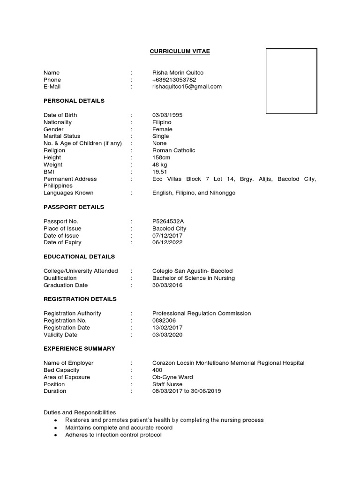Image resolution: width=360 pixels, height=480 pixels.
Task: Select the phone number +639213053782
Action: click(174, 80)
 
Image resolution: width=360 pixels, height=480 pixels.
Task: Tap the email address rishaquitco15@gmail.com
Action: click(187, 87)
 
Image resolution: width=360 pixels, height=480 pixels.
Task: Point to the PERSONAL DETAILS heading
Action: click(74, 101)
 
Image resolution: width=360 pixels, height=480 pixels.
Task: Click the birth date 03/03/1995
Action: click(167, 115)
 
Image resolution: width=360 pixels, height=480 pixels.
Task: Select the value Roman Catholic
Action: click(173, 150)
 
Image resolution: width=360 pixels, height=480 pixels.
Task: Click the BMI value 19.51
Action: click(159, 172)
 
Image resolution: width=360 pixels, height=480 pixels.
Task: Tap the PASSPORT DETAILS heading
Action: click(74, 207)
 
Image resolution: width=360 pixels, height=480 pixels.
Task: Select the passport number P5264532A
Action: click(168, 221)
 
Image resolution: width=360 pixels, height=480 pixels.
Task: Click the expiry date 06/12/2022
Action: click(167, 242)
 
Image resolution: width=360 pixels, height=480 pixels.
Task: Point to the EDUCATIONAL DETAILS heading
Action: click(79, 257)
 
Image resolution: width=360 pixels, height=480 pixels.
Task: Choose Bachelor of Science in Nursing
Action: click(194, 278)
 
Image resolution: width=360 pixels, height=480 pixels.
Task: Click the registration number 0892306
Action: click(164, 321)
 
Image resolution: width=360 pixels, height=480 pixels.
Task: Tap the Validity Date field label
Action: click(60, 335)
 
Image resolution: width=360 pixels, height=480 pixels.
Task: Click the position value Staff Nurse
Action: click(167, 384)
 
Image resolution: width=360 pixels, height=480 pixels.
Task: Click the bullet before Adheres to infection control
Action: click(56, 435)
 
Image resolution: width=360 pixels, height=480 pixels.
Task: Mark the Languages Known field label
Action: click(68, 193)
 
